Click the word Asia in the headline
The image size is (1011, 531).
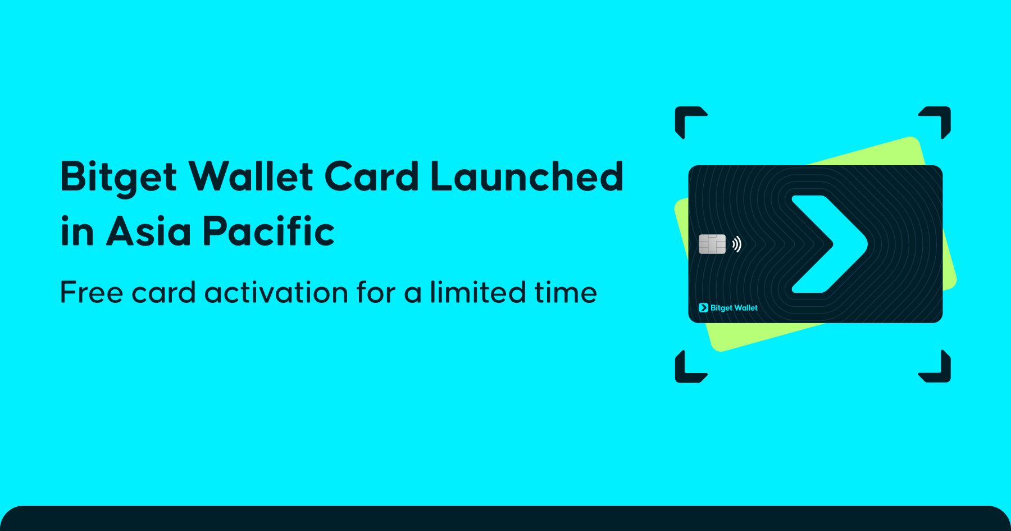coord(149,231)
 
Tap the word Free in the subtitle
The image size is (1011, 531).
coord(92,293)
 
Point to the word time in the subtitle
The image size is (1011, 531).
coord(566,293)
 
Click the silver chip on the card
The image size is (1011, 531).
coord(712,244)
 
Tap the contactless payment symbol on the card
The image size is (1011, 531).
coord(737,244)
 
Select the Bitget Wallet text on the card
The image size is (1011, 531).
coord(734,308)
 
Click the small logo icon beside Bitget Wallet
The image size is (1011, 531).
coord(703,308)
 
